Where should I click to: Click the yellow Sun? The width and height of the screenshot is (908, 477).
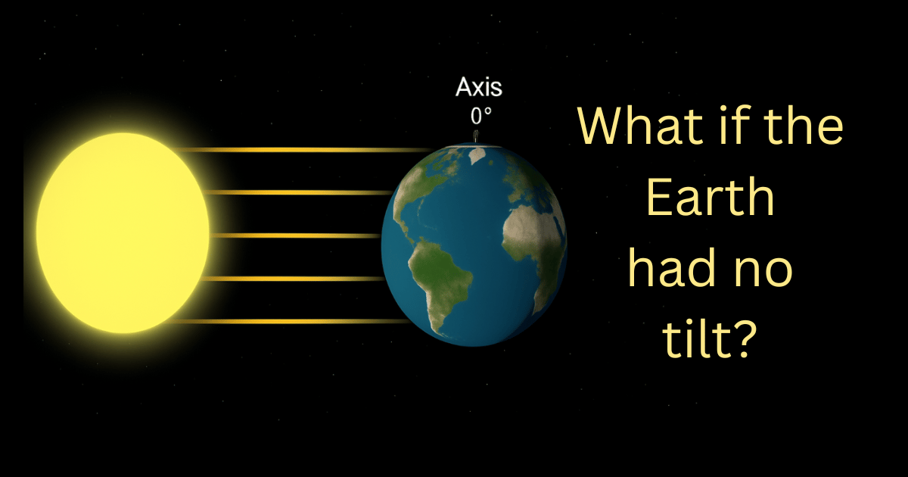[123, 233]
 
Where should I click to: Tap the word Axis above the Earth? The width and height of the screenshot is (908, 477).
[479, 87]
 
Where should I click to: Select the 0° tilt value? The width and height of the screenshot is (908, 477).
[481, 116]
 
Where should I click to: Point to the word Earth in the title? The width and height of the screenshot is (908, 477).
[711, 197]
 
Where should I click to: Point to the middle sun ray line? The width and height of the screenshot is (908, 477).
[294, 235]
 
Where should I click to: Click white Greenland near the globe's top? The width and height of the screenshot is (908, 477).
[477, 155]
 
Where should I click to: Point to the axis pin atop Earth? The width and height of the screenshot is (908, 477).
[476, 136]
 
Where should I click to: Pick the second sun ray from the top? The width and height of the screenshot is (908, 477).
[298, 192]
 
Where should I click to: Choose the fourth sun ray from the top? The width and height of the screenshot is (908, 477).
[292, 279]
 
